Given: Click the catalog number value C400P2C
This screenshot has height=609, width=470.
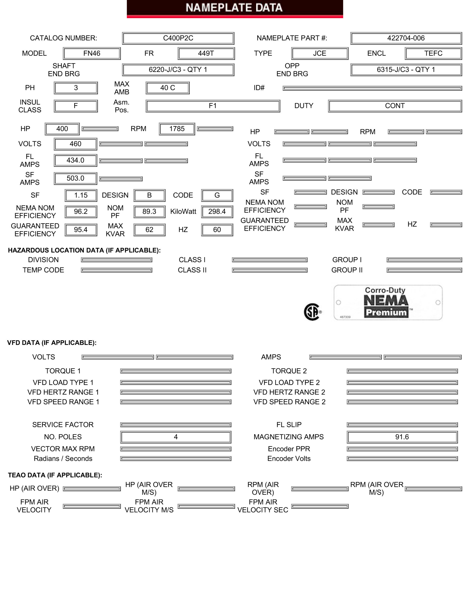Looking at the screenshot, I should coord(178,38).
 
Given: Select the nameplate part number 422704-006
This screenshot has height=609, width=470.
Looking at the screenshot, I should coord(406,38).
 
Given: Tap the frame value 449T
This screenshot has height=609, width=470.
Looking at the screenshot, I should coord(206,53).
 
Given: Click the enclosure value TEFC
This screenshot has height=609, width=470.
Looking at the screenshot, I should coord(433,53).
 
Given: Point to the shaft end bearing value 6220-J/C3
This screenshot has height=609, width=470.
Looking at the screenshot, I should coord(178,70).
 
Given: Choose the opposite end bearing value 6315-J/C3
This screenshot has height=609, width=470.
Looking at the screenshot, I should coord(406,70).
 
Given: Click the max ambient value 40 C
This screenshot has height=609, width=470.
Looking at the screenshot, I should coord(167,88).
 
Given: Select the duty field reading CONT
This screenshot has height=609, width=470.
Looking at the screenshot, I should coord(395,106).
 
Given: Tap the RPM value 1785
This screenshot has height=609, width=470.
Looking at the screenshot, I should coord(177,129).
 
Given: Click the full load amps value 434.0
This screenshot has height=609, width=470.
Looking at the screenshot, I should coord(75,160).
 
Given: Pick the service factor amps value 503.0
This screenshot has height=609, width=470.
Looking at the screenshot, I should coord(75,178).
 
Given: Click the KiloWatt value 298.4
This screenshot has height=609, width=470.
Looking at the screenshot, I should coord(217,212).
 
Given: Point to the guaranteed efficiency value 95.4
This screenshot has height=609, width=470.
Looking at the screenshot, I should coord(81,230).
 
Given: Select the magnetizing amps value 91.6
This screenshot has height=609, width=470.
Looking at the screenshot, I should coord(402,437).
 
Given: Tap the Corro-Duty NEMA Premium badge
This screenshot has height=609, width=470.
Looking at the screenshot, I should coord(388,303).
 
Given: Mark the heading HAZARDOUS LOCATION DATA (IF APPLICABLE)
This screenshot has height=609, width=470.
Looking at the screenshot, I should coord(84,250).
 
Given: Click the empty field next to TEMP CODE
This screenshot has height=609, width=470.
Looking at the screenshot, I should coord(117,270).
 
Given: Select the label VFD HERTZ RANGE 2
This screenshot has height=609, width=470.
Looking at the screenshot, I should coord(289,392).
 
